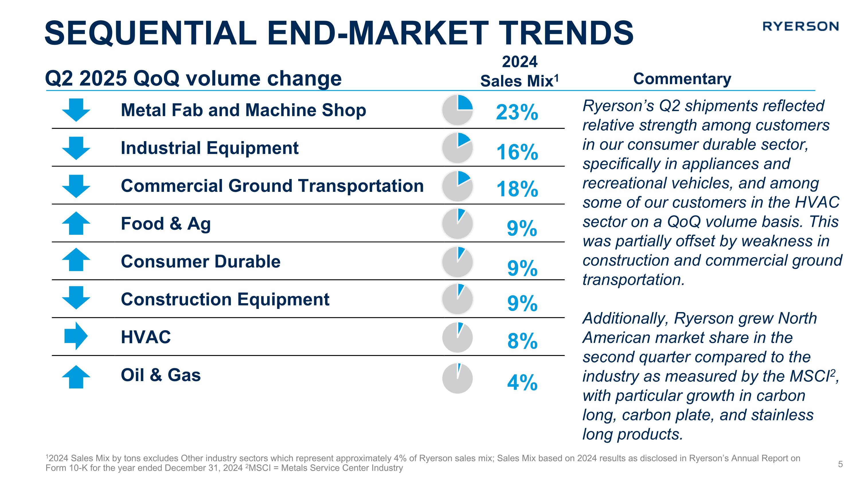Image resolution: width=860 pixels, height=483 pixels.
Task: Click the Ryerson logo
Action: coord(800,26)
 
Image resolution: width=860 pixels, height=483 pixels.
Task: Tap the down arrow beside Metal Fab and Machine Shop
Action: coord(76,110)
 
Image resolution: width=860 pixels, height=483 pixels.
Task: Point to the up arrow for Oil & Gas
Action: coord(76,377)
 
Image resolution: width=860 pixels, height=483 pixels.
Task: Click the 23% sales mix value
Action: coord(517,112)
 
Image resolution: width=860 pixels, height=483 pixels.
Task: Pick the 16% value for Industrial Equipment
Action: coord(517,152)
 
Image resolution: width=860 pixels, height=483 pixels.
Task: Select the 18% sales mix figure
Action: coord(517,189)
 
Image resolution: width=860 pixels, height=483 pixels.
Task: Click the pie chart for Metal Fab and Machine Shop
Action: coord(457,110)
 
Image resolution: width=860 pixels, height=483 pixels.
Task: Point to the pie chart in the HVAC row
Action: coord(457,337)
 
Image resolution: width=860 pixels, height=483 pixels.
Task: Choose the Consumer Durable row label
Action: coord(201,261)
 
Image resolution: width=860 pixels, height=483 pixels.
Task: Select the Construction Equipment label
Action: coord(225,299)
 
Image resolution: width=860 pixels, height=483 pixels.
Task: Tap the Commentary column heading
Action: coord(682,79)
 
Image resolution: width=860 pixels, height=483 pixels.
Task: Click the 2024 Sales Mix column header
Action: coord(519,72)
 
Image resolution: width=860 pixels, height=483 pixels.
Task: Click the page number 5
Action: coord(840,464)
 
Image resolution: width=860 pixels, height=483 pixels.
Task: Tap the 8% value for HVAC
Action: coord(522,341)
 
